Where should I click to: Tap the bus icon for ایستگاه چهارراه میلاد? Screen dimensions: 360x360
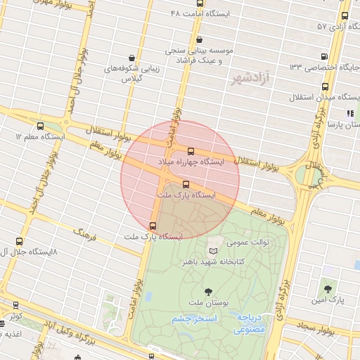(x=191, y=151)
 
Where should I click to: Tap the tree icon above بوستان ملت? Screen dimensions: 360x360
(x=209, y=290)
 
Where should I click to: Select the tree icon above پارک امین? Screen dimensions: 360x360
(x=328, y=288)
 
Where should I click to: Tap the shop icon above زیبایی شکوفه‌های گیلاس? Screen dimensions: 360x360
(x=132, y=58)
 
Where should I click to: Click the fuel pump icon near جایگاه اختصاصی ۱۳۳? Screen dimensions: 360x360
(x=323, y=57)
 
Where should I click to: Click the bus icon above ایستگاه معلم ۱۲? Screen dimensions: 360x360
(x=39, y=125)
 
